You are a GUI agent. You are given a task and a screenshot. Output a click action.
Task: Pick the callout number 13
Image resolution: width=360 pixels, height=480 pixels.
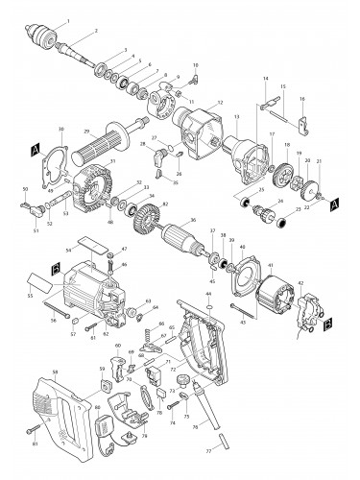point(236,116)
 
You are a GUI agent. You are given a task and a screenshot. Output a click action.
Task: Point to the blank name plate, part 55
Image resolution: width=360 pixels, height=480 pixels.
point(44,279)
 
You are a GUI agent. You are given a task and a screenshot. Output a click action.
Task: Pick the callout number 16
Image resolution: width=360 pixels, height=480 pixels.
point(302,99)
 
